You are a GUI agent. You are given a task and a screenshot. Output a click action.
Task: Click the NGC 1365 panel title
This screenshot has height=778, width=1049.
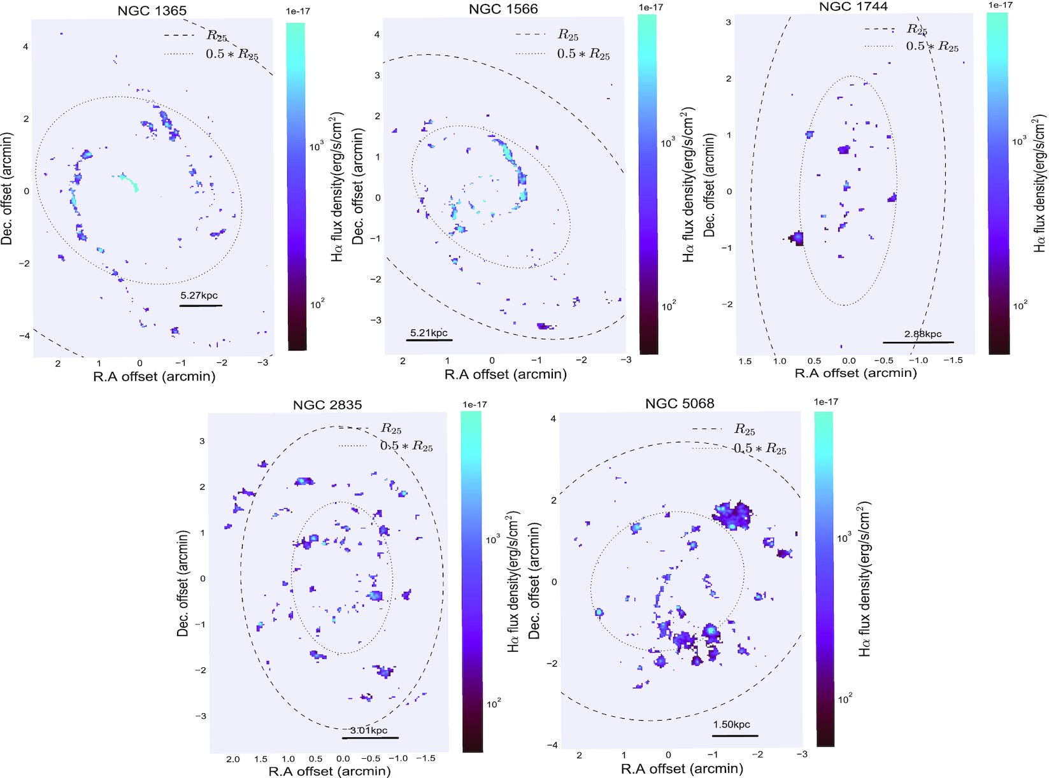152,11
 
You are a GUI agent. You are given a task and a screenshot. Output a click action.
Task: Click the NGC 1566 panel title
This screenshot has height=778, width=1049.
503,9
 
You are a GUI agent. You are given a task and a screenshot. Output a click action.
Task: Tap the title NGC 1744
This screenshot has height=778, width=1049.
853,6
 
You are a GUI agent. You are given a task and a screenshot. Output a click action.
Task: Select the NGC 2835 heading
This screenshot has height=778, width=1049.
327,405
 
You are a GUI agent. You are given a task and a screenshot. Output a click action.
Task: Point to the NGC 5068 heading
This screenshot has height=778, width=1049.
680,403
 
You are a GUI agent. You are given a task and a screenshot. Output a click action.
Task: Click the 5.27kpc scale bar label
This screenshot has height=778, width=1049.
200,295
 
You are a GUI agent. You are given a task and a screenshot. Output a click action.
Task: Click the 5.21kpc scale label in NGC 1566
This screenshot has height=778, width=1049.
429,332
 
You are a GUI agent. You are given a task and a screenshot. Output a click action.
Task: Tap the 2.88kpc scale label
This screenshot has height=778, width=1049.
922,334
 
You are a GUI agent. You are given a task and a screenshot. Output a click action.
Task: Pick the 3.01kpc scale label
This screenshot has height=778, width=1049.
369,730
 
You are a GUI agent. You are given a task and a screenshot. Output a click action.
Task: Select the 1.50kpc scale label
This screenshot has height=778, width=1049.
731,725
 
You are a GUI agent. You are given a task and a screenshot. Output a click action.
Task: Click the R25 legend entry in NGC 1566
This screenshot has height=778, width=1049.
567,34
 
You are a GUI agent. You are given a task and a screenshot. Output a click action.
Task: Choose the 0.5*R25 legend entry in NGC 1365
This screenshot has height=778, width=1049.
232,54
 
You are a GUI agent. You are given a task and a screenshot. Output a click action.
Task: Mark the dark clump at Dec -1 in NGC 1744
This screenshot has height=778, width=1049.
796,238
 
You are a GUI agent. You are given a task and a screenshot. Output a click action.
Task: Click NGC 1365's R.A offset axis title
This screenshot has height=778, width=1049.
154,376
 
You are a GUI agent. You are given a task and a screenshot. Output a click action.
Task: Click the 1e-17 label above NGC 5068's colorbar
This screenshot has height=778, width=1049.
826,402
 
